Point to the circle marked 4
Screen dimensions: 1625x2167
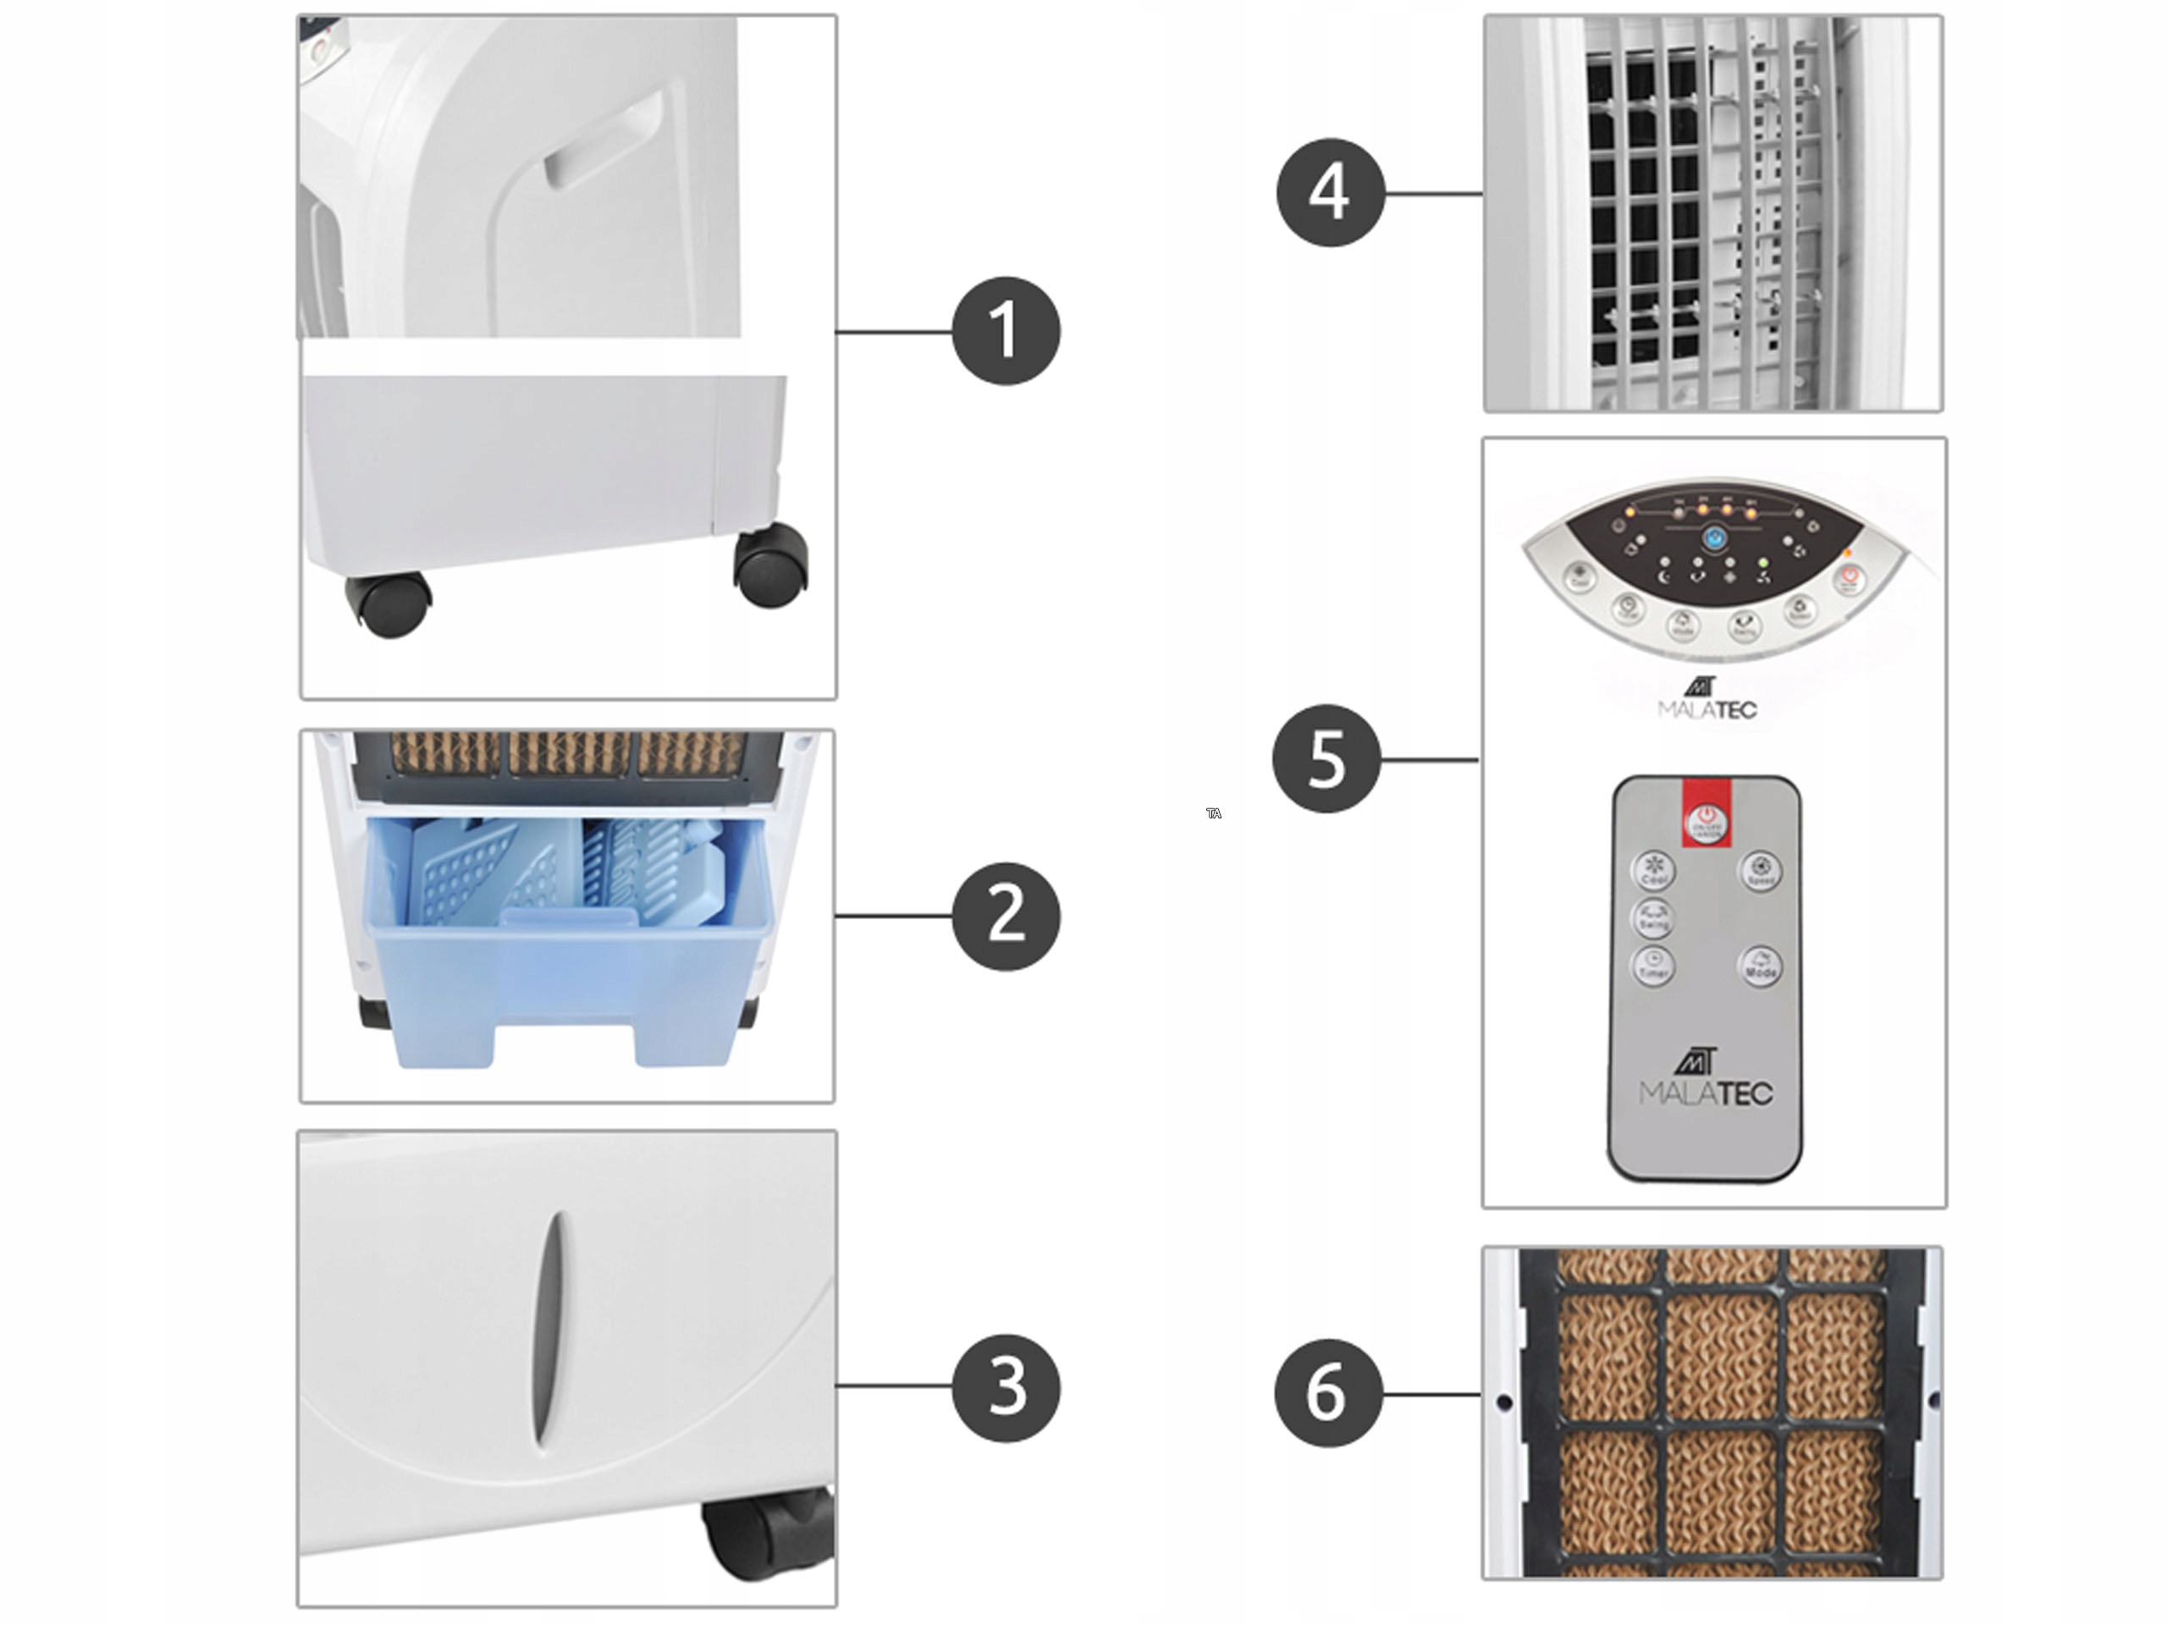(1329, 192)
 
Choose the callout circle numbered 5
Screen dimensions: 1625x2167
(1326, 758)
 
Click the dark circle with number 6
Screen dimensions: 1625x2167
(1327, 1393)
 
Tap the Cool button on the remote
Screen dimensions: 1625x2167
(1654, 870)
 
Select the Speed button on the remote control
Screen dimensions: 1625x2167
(1760, 870)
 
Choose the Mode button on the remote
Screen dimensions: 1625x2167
(1760, 967)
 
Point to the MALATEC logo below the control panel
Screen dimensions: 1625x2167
(1707, 698)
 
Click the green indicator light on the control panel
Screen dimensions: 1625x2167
(1763, 563)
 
